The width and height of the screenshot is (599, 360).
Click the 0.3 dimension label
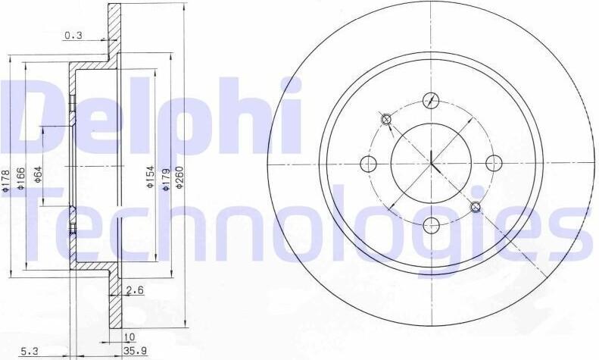click(x=73, y=36)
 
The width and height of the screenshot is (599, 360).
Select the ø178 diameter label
click(x=5, y=180)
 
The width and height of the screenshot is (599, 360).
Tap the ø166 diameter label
click(x=21, y=178)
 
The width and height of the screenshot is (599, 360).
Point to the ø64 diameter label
click(x=38, y=174)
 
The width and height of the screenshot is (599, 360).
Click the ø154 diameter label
click(x=150, y=177)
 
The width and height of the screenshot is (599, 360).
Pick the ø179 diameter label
click(x=166, y=179)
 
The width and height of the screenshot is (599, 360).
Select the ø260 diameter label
click(x=179, y=177)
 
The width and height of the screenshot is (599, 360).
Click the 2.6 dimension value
click(x=135, y=290)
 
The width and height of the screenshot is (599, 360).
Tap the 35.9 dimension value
click(x=135, y=350)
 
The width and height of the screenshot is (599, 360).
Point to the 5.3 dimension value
click(x=29, y=350)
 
